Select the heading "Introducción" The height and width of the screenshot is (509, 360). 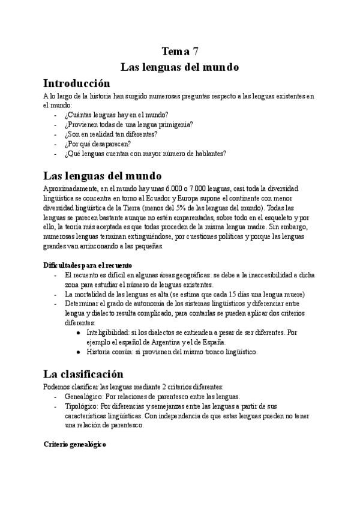coord(77,83)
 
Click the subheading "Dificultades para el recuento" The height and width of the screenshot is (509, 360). coord(88,265)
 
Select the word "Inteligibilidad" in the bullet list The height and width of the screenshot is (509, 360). coord(107,332)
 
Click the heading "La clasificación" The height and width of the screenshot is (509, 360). coord(83,375)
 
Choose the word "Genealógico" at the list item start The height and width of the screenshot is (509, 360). coord(83,396)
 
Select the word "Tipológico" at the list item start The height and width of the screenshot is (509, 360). coord(80,406)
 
